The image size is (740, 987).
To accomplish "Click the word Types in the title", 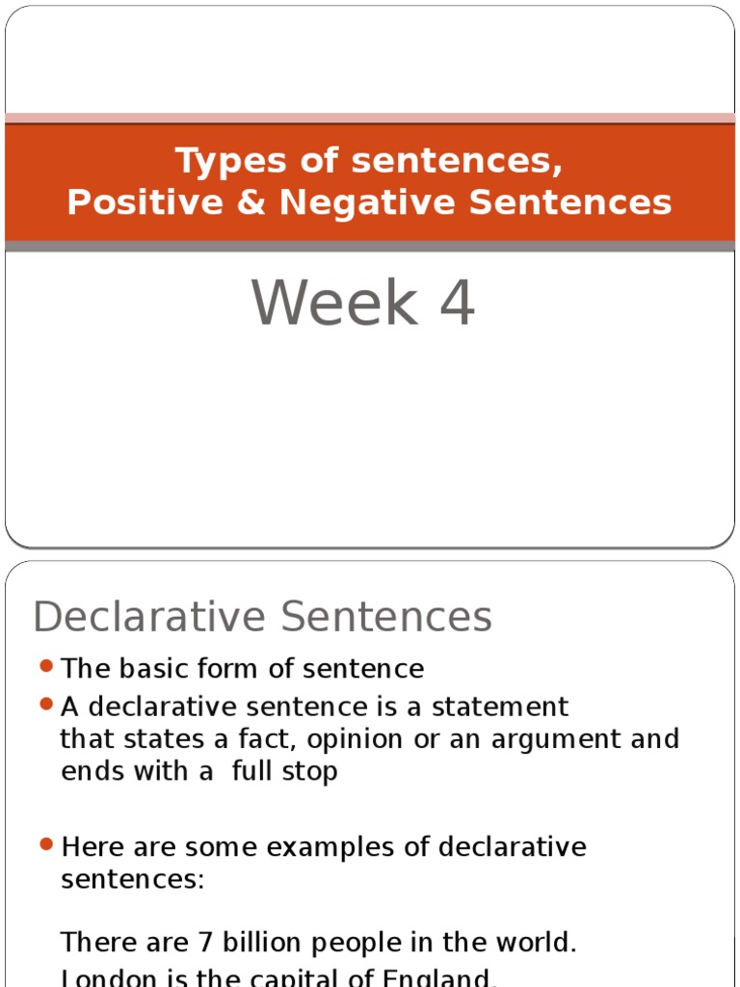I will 223,162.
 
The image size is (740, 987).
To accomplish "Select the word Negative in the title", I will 366,202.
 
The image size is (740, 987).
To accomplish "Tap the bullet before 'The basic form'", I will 46,667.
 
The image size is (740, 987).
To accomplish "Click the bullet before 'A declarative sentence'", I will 46,706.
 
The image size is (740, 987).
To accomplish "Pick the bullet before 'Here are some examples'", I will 46,845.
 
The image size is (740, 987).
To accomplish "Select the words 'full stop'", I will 285,771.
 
